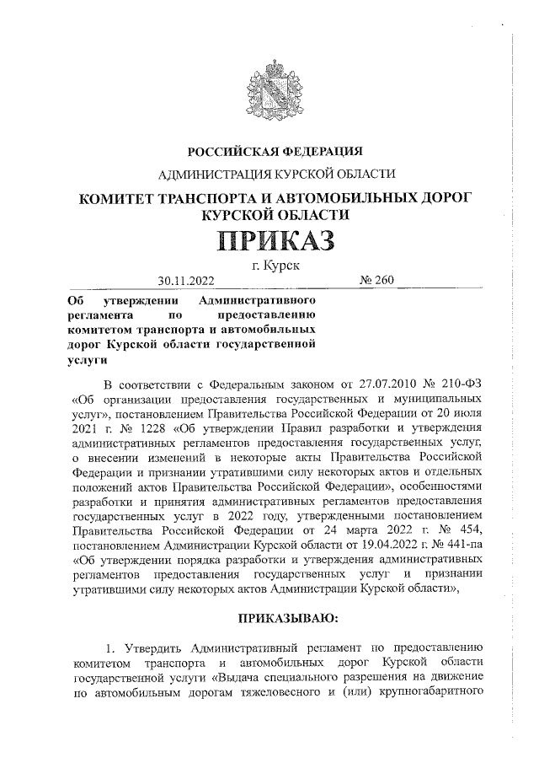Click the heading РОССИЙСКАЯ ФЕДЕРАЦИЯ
(x=275, y=152)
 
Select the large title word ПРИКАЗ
(x=276, y=241)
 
